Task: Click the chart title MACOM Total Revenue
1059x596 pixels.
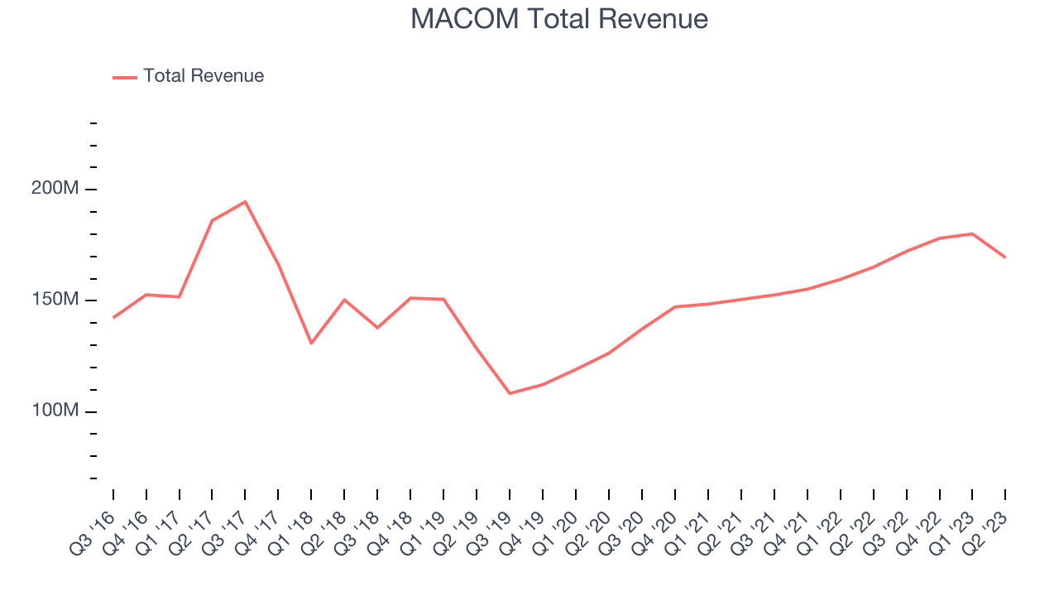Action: click(559, 18)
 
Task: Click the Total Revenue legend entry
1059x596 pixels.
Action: click(203, 76)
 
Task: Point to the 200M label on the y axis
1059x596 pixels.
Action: click(55, 189)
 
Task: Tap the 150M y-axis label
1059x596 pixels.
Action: click(55, 300)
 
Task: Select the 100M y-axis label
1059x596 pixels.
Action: click(55, 411)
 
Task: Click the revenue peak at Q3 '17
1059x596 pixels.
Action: click(245, 201)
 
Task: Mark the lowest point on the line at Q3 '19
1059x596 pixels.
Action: click(510, 393)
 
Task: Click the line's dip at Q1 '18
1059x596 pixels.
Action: click(311, 343)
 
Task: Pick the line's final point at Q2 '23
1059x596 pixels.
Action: click(1005, 257)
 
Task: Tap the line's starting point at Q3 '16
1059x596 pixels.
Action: click(113, 317)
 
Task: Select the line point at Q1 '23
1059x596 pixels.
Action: click(972, 233)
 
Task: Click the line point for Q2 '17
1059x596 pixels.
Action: click(212, 220)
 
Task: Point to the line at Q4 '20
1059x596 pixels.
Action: click(675, 307)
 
